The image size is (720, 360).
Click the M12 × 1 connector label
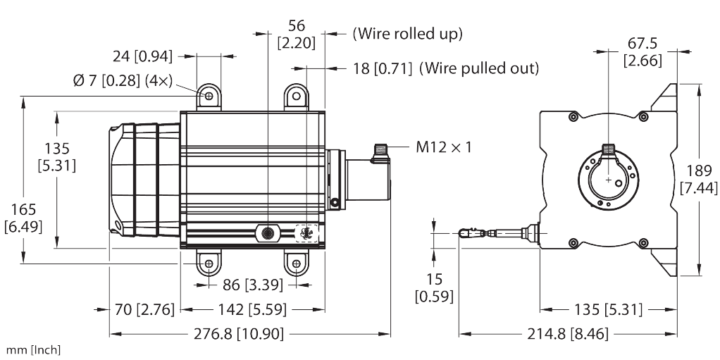[x=444, y=147]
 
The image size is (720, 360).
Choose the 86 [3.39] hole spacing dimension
[x=253, y=285]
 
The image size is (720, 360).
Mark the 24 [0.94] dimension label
[x=143, y=56]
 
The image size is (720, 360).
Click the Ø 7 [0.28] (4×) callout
[x=123, y=81]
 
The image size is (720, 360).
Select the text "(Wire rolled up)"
[x=407, y=34]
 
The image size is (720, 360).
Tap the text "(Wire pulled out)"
[x=479, y=68]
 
